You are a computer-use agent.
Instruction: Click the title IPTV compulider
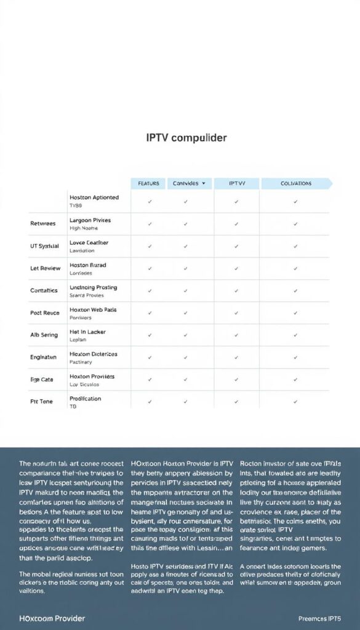(x=186, y=138)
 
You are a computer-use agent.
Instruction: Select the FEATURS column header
(x=148, y=183)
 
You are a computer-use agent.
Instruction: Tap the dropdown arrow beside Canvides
(x=203, y=183)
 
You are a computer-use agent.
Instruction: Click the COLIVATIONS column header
(x=295, y=183)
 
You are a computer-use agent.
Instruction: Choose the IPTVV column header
(x=237, y=183)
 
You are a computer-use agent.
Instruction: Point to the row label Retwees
(x=43, y=224)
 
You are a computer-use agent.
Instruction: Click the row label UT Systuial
(x=44, y=246)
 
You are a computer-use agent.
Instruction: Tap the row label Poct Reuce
(x=44, y=313)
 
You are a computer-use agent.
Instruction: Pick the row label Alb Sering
(x=44, y=335)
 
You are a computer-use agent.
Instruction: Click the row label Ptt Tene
(x=42, y=402)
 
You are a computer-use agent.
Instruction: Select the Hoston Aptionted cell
(x=94, y=197)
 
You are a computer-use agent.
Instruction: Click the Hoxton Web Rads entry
(x=93, y=309)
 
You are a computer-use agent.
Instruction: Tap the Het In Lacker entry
(x=87, y=332)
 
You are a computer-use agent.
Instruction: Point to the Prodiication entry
(x=86, y=398)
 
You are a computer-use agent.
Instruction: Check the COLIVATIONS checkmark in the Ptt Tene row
(x=295, y=402)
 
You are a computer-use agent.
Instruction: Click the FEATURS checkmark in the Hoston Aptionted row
(x=150, y=202)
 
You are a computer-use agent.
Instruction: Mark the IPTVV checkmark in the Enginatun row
(x=237, y=357)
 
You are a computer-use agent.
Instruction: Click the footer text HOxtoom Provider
(x=52, y=618)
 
